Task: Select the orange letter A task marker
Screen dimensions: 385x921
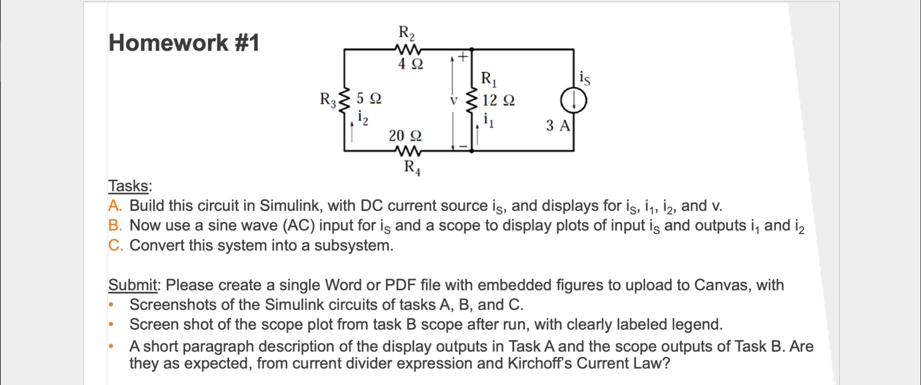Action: [115, 206]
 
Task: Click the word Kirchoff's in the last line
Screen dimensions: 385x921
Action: [539, 363]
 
